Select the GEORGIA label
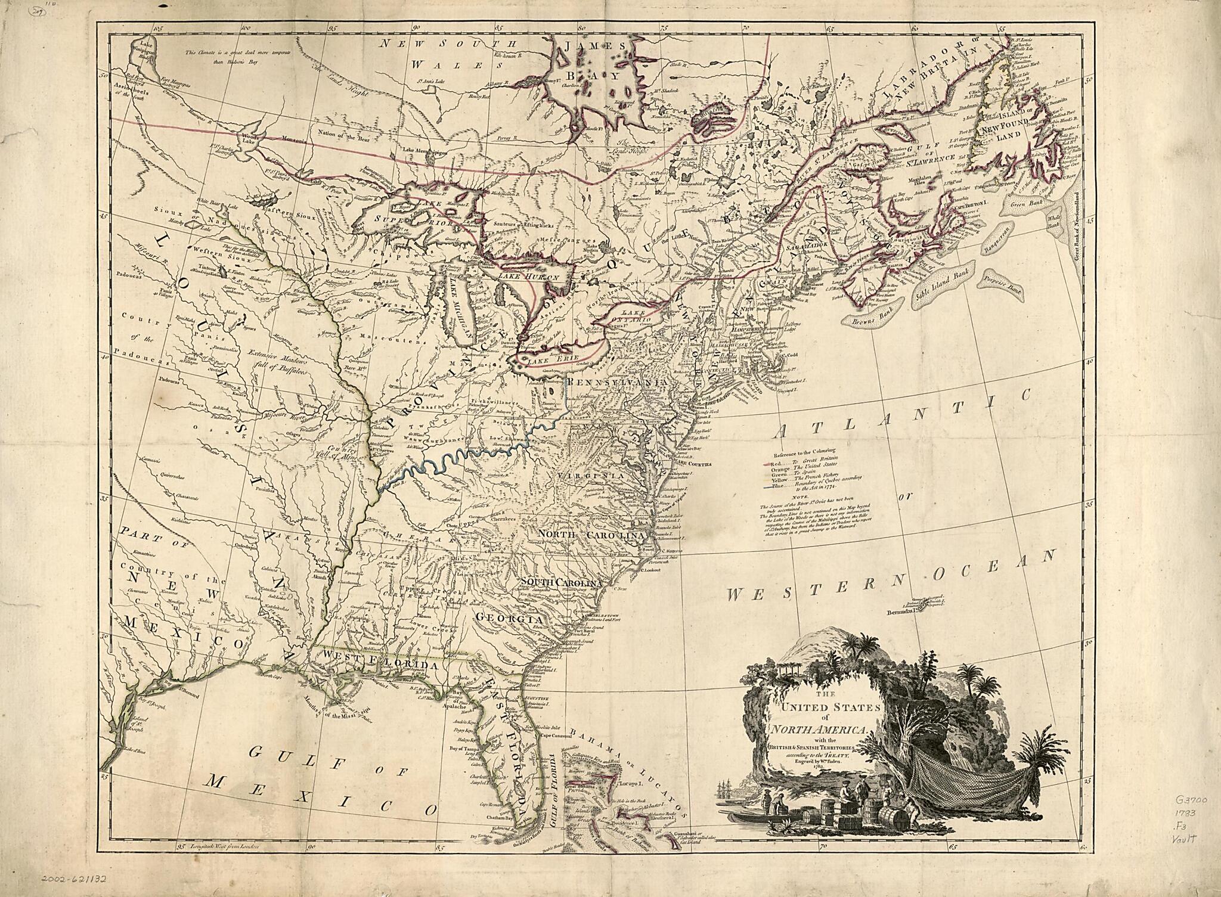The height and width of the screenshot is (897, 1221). (516, 620)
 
